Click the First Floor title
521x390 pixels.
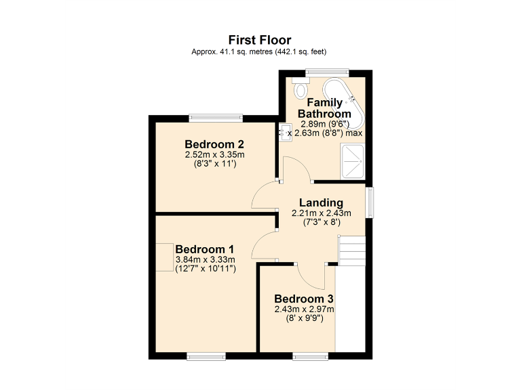[260, 40]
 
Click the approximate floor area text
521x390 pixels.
[260, 51]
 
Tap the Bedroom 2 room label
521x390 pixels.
[214, 144]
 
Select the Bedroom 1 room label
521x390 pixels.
[205, 249]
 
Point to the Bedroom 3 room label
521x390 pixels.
[304, 299]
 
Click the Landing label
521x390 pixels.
[321, 202]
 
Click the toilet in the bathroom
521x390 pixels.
[299, 88]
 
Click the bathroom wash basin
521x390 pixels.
[285, 132]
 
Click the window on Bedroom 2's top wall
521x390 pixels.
[215, 117]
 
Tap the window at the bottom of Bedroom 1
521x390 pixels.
[206, 355]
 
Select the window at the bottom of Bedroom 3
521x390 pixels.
[311, 355]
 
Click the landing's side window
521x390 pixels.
[370, 202]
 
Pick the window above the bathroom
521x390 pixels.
[327, 72]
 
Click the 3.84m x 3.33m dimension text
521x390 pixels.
[205, 259]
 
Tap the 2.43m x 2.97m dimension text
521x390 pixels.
[304, 309]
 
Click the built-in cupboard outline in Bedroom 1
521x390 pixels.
[165, 257]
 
